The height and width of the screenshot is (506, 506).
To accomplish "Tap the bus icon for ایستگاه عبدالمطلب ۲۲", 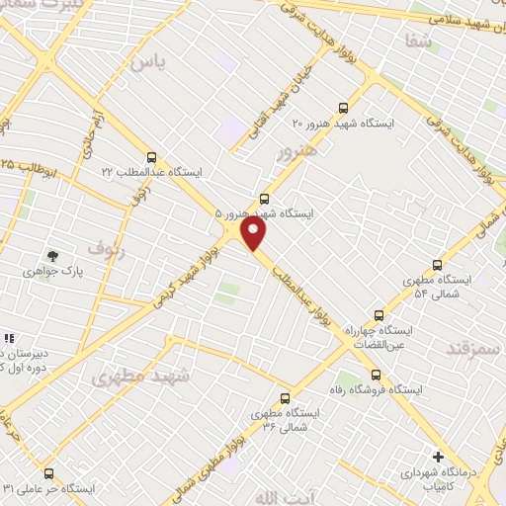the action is (x=151, y=156).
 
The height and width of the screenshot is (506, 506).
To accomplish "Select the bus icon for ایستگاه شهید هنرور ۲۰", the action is (x=343, y=108).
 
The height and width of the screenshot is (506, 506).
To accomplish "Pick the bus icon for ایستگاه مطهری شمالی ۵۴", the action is (x=438, y=265).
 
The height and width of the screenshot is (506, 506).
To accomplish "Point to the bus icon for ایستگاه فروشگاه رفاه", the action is (x=376, y=375).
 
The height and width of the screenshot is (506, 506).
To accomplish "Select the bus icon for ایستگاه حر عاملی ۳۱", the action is (x=50, y=472).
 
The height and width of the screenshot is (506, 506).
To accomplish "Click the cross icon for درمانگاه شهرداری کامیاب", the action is (x=438, y=457).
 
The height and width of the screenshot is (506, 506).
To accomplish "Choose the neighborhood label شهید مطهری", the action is (x=132, y=377).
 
